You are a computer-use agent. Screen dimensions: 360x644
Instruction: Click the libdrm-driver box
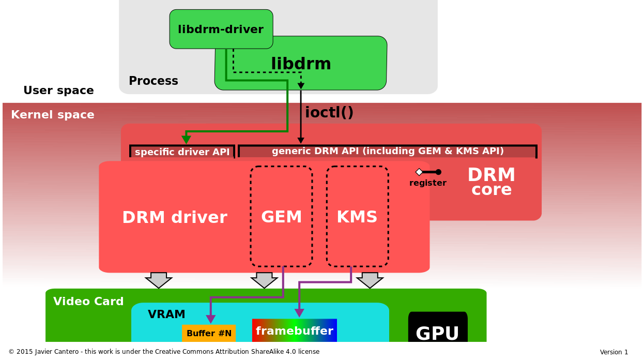click(221, 29)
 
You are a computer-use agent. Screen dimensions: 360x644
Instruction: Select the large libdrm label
click(301, 64)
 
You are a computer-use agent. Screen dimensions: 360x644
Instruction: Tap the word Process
click(153, 81)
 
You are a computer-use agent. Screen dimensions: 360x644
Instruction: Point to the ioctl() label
click(329, 112)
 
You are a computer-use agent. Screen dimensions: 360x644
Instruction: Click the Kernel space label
click(53, 115)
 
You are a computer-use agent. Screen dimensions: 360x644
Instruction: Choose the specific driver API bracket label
click(182, 152)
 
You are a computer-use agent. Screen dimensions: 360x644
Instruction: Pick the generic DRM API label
click(387, 151)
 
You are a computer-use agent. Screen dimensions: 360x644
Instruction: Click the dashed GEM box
click(281, 217)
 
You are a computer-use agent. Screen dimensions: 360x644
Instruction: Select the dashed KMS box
click(357, 217)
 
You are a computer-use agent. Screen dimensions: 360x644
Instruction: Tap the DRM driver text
click(174, 218)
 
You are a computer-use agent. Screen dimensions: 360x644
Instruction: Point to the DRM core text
click(491, 182)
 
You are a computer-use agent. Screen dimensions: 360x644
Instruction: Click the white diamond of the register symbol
click(419, 172)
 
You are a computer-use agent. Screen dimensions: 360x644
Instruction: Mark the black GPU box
click(437, 328)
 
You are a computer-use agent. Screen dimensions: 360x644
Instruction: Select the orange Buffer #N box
click(209, 333)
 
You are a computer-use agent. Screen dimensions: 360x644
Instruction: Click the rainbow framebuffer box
click(294, 331)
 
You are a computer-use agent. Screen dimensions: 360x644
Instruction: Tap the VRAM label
click(166, 314)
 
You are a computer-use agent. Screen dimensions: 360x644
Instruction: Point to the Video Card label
click(88, 302)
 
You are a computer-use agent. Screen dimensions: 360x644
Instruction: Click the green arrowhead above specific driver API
click(186, 140)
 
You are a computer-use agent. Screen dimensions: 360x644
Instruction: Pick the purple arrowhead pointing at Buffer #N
click(211, 319)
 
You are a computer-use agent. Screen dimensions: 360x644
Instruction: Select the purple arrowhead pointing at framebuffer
click(299, 313)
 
